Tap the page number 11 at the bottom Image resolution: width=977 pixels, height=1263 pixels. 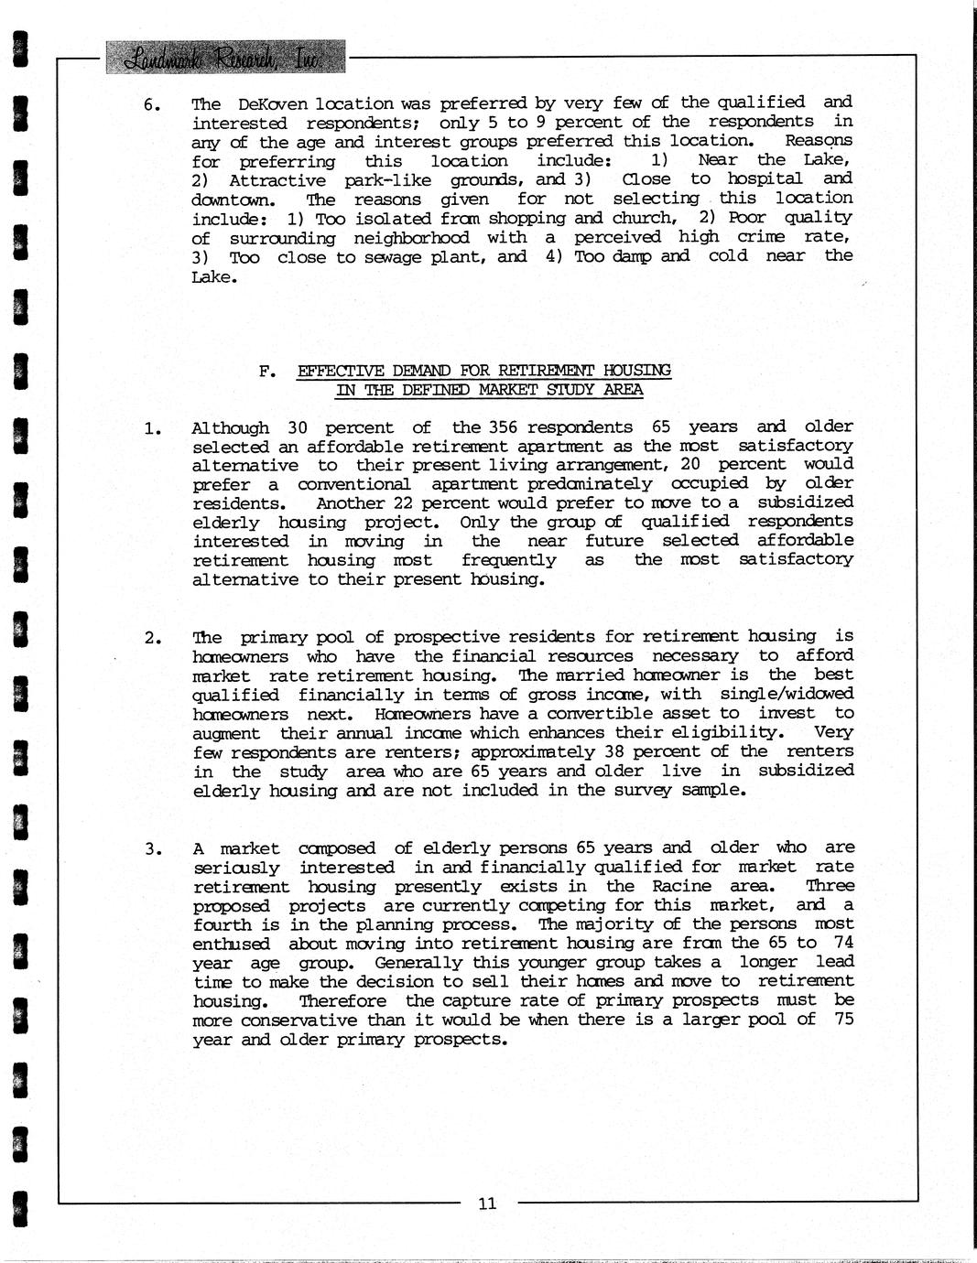[x=487, y=1204]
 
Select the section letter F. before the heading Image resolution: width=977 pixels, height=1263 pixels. [x=267, y=371]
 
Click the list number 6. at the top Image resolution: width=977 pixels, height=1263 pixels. [x=152, y=104]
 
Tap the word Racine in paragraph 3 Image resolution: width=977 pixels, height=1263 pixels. [x=678, y=886]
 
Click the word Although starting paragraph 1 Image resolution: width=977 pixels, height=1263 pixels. [x=230, y=427]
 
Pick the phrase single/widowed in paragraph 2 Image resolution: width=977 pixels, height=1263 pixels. [x=787, y=694]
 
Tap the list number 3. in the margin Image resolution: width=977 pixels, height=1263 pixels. [x=152, y=849]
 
